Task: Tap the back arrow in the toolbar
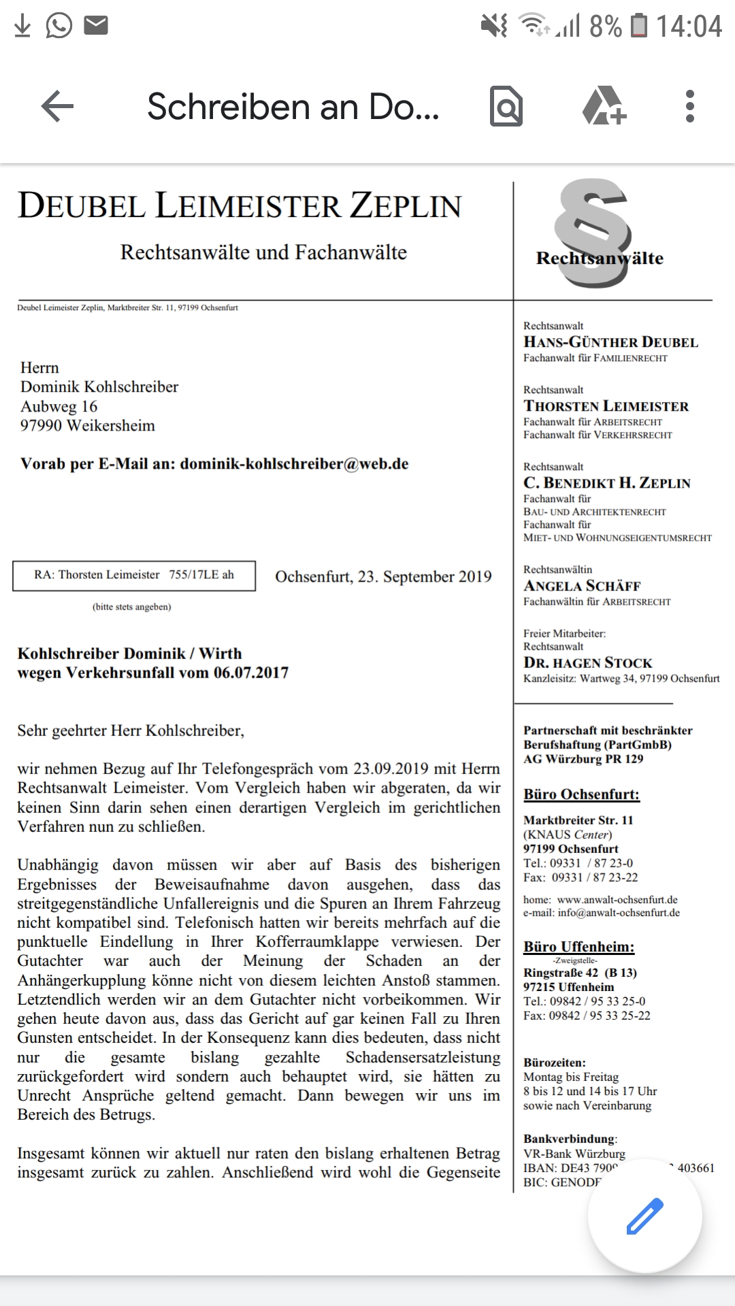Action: click(x=57, y=107)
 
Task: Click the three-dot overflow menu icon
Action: click(x=689, y=107)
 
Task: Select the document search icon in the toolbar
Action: click(x=506, y=107)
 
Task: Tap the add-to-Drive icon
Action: click(x=604, y=106)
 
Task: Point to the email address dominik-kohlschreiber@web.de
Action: click(x=294, y=464)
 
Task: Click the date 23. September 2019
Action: click(x=424, y=577)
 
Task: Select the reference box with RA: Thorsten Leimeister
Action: click(x=134, y=575)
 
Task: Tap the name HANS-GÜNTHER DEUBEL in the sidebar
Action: click(x=610, y=342)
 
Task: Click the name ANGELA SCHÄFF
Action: click(x=582, y=586)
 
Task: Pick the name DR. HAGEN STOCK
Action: click(x=587, y=663)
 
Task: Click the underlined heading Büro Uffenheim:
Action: click(x=578, y=947)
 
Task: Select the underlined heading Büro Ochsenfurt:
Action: click(x=581, y=794)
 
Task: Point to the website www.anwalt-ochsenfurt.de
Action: click(x=617, y=900)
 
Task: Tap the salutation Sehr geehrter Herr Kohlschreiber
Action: click(x=131, y=731)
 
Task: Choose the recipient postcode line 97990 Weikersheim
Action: click(x=88, y=426)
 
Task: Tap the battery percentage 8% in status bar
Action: click(x=605, y=27)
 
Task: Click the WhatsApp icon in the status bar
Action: click(x=59, y=26)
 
